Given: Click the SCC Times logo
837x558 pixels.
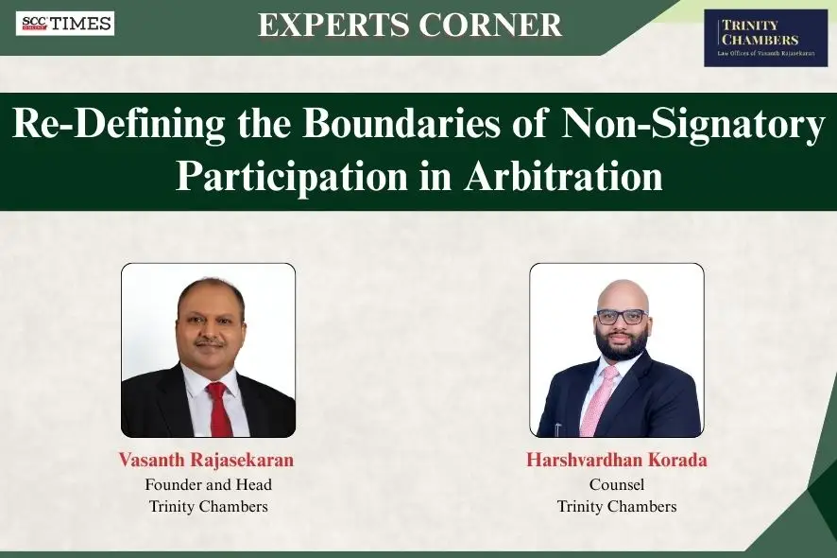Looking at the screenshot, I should [x=65, y=24].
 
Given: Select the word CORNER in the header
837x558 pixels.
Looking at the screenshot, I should [x=497, y=25].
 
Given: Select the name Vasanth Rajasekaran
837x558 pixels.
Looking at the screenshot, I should [x=206, y=461].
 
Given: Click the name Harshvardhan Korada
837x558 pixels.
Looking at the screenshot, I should [x=616, y=461].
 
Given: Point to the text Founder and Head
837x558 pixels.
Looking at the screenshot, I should [x=208, y=484].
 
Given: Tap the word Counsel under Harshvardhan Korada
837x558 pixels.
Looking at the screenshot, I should [x=616, y=484].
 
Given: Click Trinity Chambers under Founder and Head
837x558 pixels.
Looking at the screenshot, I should [x=208, y=506].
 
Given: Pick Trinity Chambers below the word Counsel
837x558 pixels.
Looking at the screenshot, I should [x=616, y=506].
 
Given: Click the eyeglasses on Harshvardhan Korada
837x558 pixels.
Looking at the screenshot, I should [x=621, y=317].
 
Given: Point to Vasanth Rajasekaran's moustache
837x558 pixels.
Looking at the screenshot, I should [x=211, y=341].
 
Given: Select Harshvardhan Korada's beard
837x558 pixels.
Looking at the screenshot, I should [x=621, y=346].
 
